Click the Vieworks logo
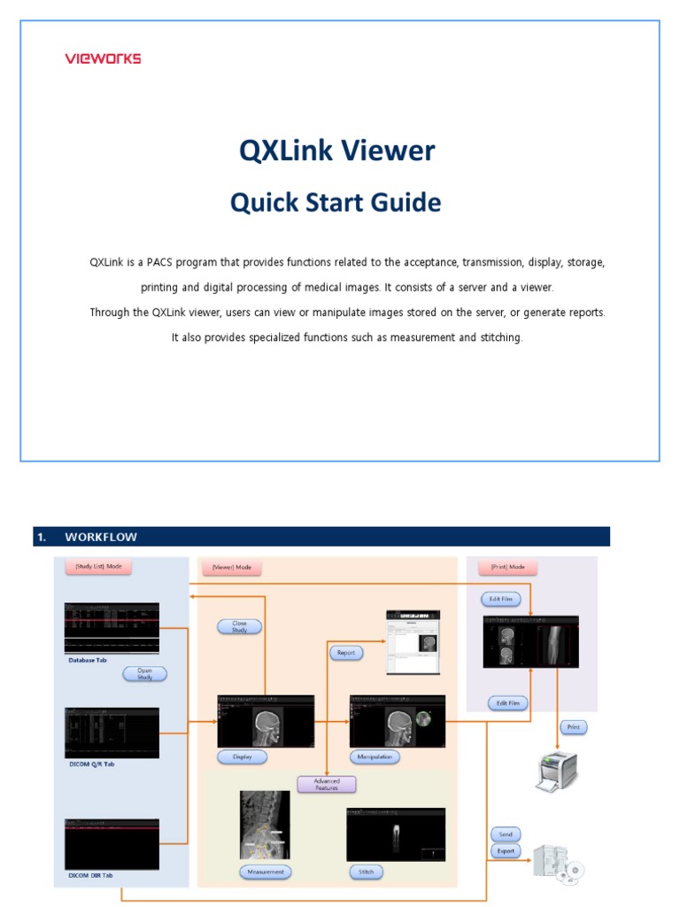[103, 58]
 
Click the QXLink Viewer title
[337, 151]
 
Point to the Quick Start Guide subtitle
[336, 203]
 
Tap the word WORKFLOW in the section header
[101, 537]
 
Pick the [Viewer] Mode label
[232, 567]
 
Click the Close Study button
[239, 626]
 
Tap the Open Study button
[144, 673]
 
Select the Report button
[346, 653]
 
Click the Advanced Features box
[327, 784]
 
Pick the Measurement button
[266, 872]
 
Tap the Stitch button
[367, 872]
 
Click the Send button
[506, 834]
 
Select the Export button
[506, 851]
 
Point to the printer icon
[556, 771]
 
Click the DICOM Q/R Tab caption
[91, 764]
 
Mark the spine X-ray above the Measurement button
[265, 824]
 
